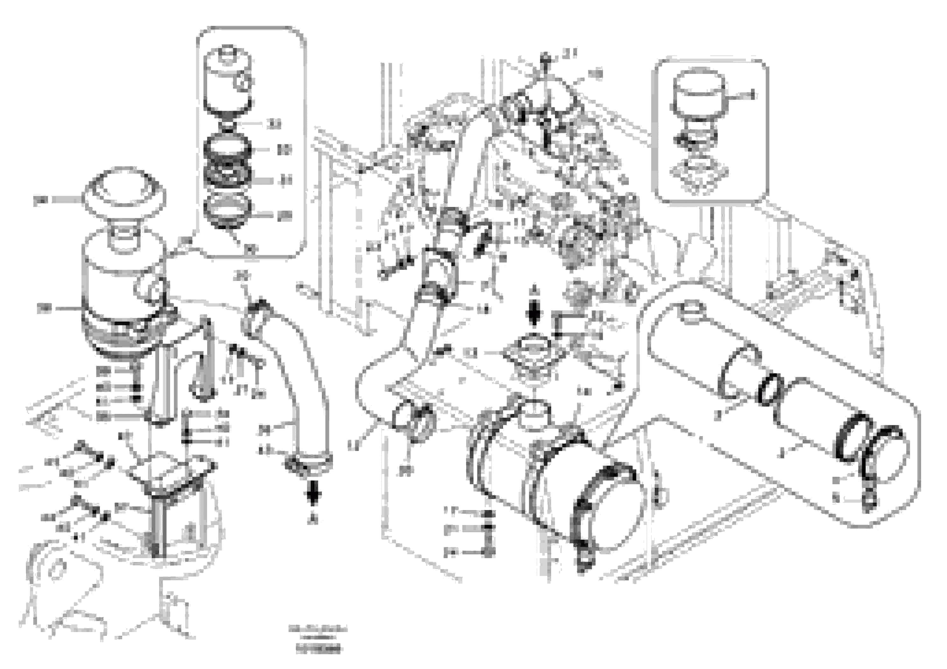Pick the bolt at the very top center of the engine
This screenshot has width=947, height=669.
tap(545, 57)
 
